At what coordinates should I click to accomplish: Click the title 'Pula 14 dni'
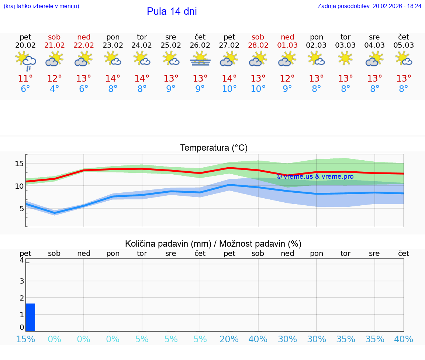[x=172, y=11]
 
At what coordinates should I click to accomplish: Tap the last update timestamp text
[x=369, y=6]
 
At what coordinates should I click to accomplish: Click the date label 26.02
[x=200, y=45]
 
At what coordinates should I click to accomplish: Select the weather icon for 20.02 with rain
[x=25, y=60]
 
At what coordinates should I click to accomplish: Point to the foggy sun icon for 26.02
[x=200, y=59]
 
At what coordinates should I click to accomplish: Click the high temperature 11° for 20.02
[x=25, y=79]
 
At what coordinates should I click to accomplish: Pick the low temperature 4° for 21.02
[x=54, y=89]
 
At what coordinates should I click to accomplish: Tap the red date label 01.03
[x=287, y=45]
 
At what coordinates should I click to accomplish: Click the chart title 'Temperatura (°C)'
[x=214, y=148]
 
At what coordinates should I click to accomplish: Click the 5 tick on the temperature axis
[x=21, y=209]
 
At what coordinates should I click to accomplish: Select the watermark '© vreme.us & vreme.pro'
[x=315, y=176]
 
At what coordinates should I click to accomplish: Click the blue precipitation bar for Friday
[x=31, y=318]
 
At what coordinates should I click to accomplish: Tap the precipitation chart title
[x=213, y=244]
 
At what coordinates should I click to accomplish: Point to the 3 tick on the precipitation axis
[x=22, y=281]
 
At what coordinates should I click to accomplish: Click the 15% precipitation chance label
[x=25, y=339]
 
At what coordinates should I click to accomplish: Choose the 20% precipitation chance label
[x=229, y=339]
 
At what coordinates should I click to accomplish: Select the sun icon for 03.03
[x=345, y=58]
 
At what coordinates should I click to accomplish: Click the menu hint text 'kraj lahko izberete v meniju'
[x=41, y=6]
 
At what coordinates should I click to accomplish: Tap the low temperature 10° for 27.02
[x=229, y=89]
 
